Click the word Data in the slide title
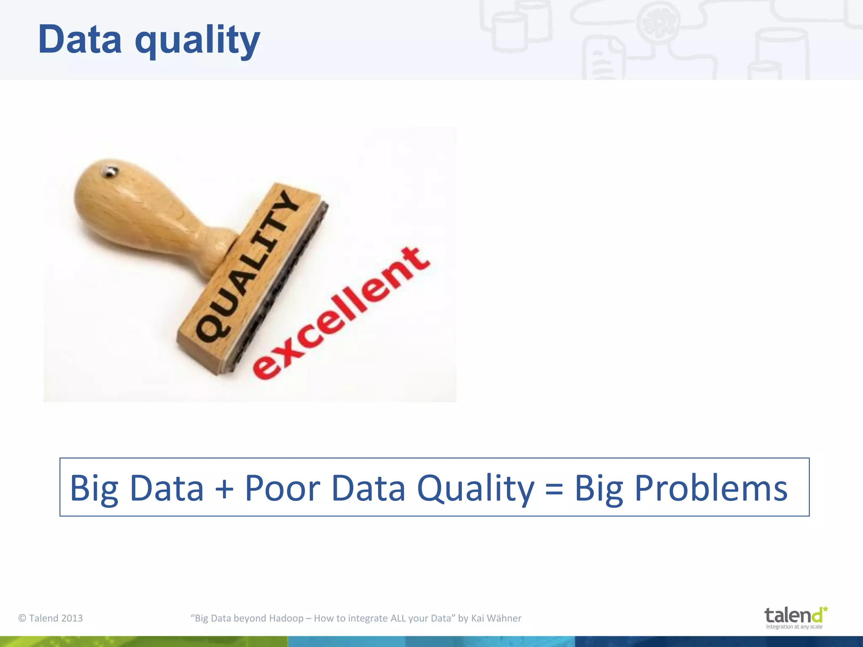pos(80,40)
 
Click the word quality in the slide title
pos(197,41)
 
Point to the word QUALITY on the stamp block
pos(249,265)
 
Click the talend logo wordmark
pos(792,615)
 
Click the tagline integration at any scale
pos(794,627)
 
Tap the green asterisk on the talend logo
pos(825,609)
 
